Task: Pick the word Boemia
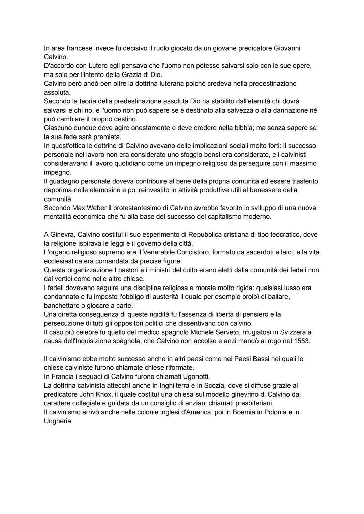(244, 412)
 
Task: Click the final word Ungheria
(58, 421)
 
